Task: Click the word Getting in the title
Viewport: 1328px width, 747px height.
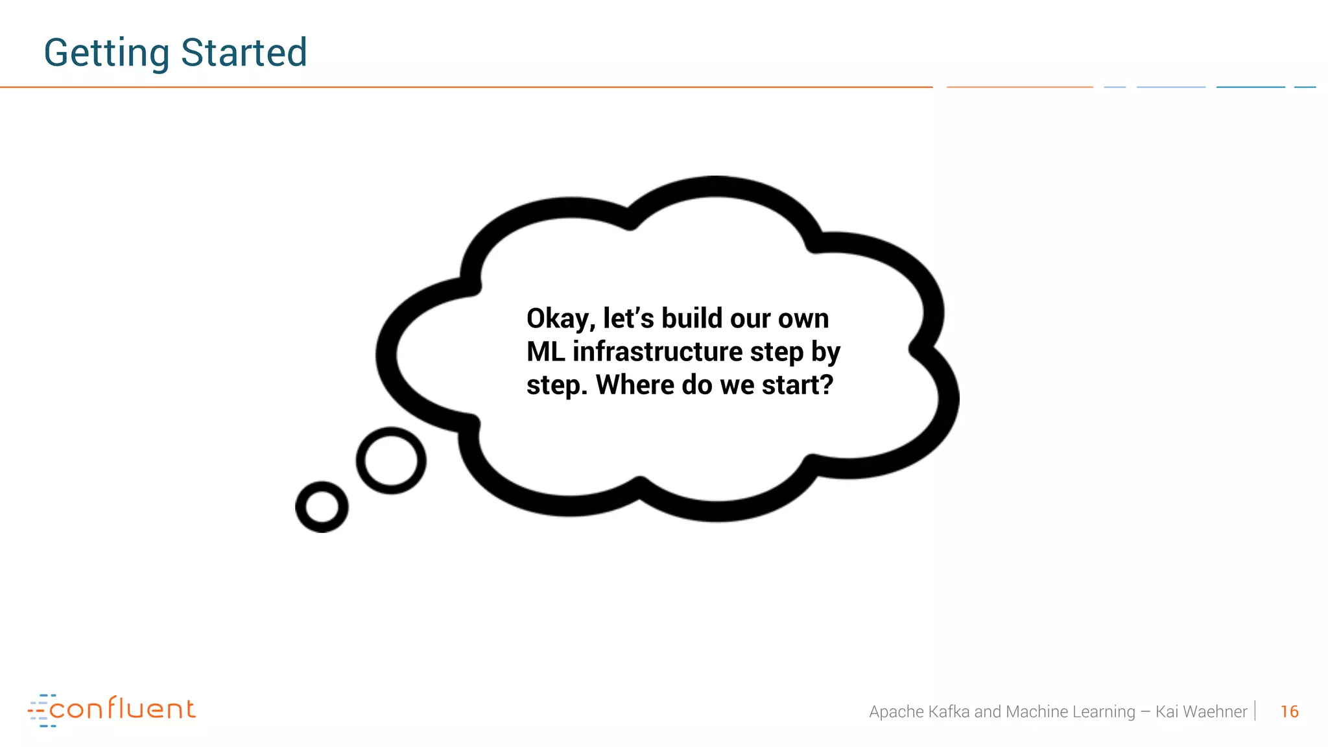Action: point(106,53)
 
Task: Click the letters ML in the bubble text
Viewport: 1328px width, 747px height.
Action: point(545,351)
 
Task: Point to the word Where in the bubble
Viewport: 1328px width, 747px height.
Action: point(635,385)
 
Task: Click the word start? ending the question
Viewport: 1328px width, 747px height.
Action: point(797,385)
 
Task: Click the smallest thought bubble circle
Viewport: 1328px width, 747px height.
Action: point(322,506)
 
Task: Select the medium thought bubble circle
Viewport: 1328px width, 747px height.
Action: point(391,460)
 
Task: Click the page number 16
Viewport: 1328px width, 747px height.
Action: point(1289,711)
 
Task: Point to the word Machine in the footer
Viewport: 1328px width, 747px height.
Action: point(1036,711)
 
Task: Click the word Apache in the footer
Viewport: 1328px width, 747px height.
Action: point(896,711)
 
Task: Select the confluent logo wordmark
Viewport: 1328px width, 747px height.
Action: point(122,709)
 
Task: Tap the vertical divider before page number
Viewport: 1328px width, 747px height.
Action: point(1255,711)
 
